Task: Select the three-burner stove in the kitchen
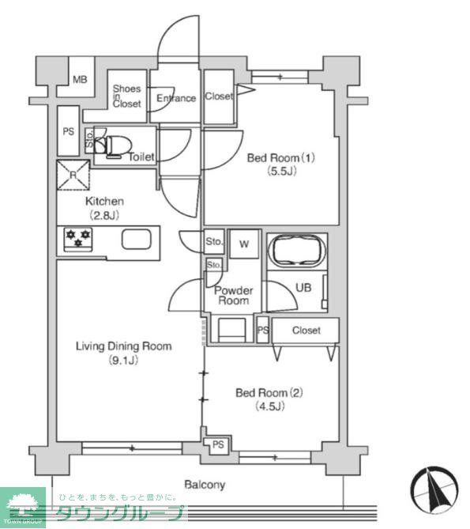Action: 78,239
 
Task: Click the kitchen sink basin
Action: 136,240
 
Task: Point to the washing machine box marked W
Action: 244,244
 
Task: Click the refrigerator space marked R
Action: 73,175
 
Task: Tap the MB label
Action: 80,80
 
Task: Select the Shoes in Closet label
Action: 126,96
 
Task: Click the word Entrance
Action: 176,98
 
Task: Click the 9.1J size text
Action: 123,361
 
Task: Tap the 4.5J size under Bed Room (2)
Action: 269,406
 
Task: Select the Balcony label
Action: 205,485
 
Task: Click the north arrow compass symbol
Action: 434,489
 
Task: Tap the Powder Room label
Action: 234,296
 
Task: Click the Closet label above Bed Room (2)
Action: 306,331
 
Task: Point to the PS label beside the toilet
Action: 69,131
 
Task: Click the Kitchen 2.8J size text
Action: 104,215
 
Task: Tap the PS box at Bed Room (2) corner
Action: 217,445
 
